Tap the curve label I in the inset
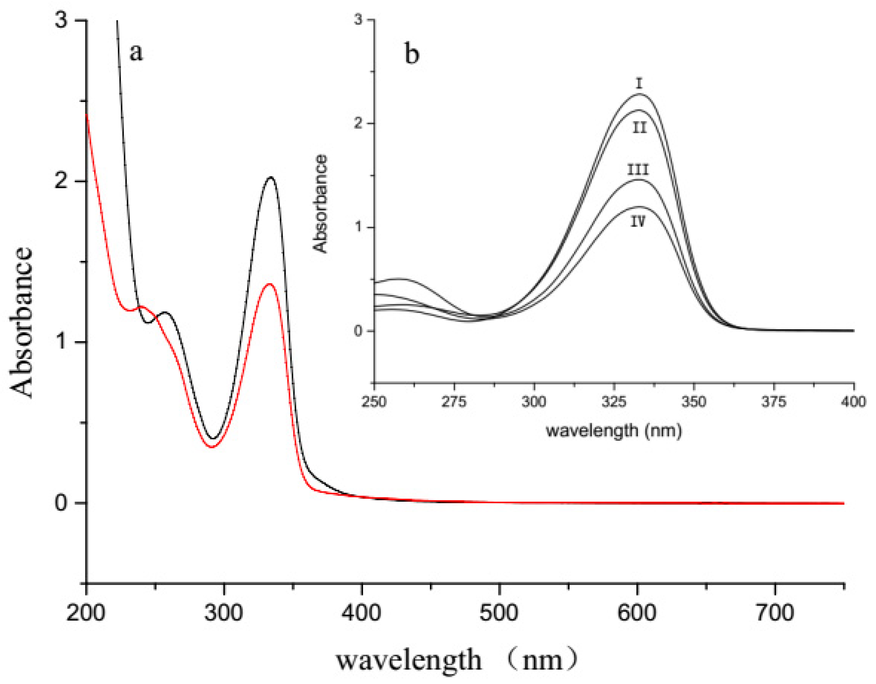(x=639, y=83)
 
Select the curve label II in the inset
(x=639, y=128)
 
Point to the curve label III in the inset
(x=638, y=170)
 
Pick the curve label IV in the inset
(x=638, y=221)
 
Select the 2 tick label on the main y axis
(x=61, y=181)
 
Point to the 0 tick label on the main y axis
(x=61, y=503)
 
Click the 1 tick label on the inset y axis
(x=358, y=227)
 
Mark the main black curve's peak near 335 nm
(x=271, y=177)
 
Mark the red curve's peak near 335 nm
(x=270, y=284)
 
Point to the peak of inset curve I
(x=639, y=94)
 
